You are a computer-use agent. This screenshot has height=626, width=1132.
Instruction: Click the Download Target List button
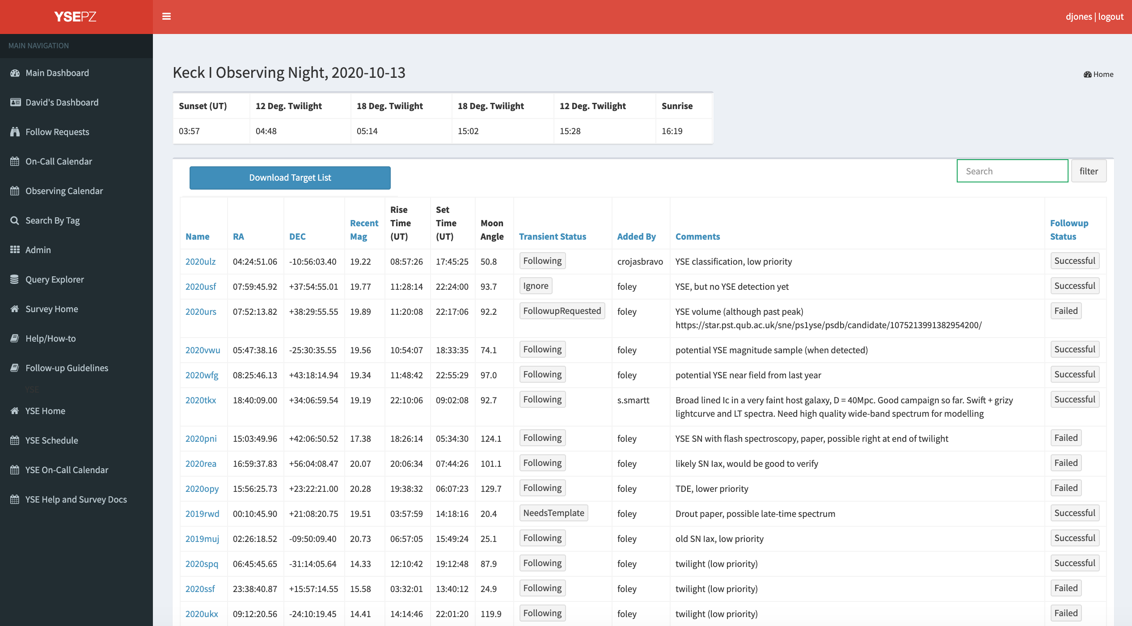(290, 178)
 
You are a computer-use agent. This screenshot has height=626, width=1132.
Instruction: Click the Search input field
(1012, 171)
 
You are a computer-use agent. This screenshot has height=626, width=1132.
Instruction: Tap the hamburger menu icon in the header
(166, 17)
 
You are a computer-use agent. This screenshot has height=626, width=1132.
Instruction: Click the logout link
(1111, 17)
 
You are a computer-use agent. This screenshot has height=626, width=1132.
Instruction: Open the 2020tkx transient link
(201, 400)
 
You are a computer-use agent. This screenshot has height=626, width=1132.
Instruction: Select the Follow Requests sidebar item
(57, 132)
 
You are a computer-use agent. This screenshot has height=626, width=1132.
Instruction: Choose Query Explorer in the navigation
(55, 279)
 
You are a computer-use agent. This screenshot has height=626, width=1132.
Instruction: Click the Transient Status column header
(553, 236)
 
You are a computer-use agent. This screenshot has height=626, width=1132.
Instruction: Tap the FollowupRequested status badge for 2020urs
(562, 311)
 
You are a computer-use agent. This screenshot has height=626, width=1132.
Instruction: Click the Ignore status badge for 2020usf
(536, 286)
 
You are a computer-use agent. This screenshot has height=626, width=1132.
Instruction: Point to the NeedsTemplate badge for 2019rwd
(553, 513)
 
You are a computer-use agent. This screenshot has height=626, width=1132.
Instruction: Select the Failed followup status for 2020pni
(1066, 438)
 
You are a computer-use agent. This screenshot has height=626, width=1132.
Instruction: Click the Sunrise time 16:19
(672, 131)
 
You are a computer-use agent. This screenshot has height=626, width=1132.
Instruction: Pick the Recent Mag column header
(364, 229)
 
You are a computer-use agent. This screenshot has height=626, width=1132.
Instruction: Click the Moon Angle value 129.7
(491, 488)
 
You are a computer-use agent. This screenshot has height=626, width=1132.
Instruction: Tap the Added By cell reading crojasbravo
(640, 261)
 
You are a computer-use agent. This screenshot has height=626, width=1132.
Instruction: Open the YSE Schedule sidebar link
(52, 440)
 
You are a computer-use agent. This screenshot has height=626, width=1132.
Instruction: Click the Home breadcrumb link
(1098, 74)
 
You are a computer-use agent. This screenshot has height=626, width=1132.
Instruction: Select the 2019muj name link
(202, 538)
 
